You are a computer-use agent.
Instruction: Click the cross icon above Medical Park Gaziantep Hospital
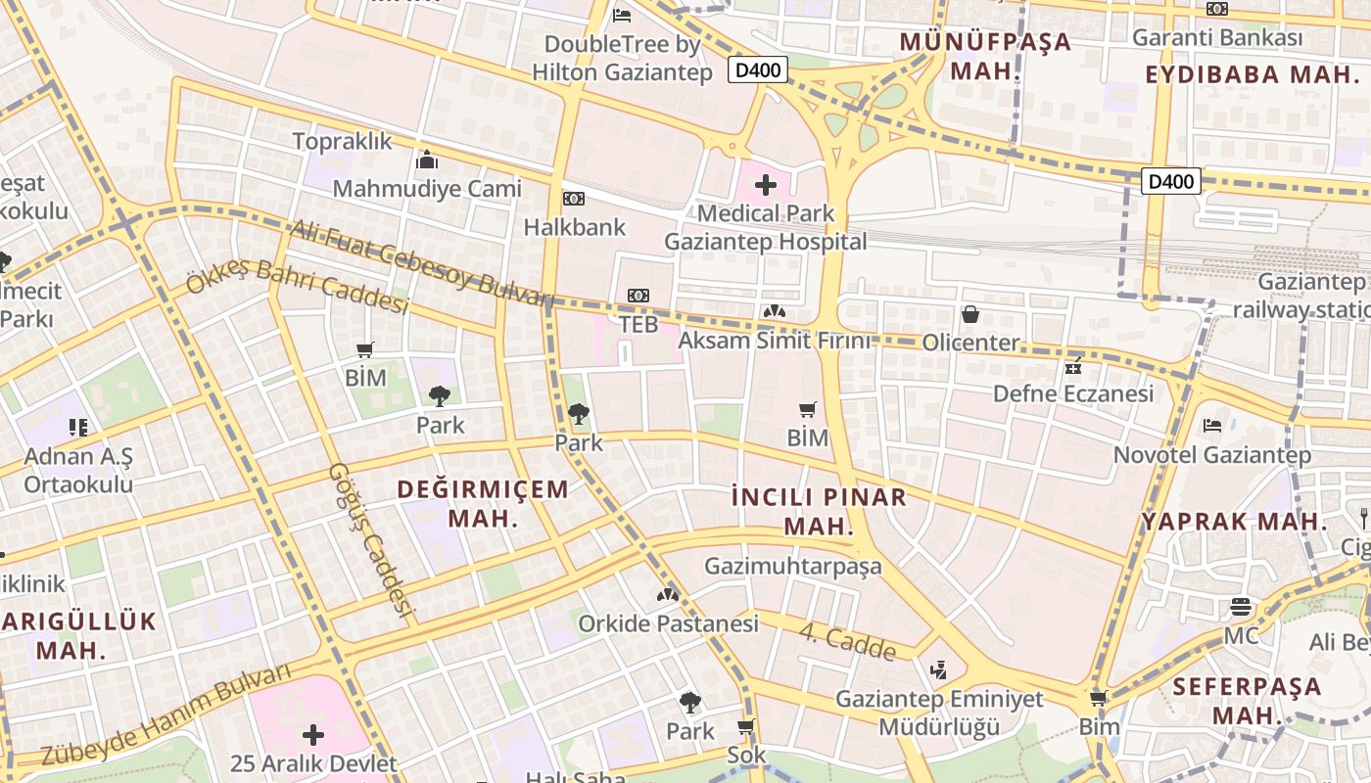(x=766, y=184)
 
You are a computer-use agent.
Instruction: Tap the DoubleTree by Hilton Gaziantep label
(x=622, y=58)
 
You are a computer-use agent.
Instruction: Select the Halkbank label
(x=574, y=227)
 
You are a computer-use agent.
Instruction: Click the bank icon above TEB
(x=638, y=296)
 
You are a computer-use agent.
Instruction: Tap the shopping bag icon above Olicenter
(x=969, y=314)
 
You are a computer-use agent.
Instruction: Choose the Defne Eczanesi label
(x=1073, y=393)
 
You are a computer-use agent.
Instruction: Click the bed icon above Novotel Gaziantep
(x=1211, y=426)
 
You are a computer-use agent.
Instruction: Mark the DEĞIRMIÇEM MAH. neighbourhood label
(x=483, y=503)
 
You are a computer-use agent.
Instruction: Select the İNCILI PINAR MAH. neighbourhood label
(x=820, y=511)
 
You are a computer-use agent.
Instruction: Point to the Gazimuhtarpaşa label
(x=793, y=566)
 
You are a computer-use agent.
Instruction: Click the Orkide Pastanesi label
(x=668, y=623)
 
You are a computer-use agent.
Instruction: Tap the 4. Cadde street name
(x=847, y=642)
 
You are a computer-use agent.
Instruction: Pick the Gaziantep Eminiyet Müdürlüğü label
(x=939, y=713)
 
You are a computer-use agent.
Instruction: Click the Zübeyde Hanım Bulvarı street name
(x=166, y=714)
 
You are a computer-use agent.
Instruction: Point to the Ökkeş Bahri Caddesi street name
(x=297, y=286)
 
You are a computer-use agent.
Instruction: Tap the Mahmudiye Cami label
(x=427, y=188)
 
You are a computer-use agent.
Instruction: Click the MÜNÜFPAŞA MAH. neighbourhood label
(x=985, y=57)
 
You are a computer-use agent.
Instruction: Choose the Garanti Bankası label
(x=1217, y=38)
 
